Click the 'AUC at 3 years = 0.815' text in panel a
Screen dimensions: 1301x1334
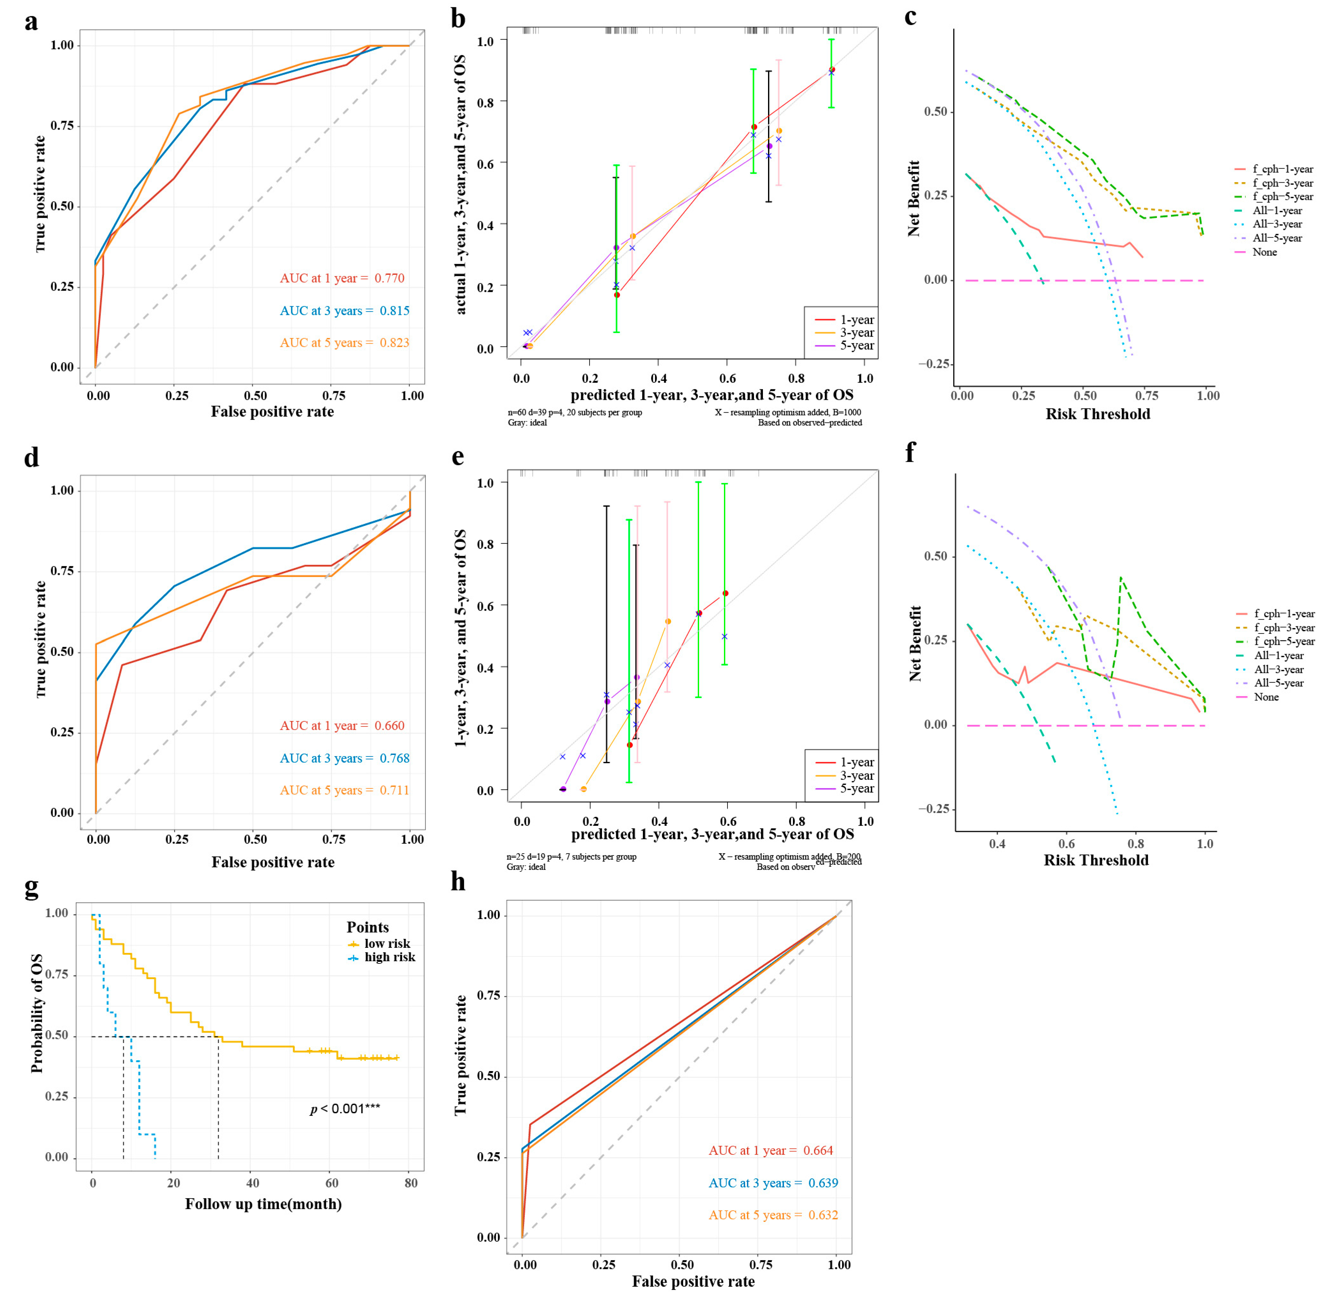pyautogui.click(x=344, y=311)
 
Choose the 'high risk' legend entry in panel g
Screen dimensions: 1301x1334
pyautogui.click(x=389, y=957)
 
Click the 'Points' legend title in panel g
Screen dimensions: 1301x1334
pyautogui.click(x=367, y=927)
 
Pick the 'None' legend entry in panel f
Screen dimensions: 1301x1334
pyautogui.click(x=1266, y=697)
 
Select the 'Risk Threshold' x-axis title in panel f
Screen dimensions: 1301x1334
pyautogui.click(x=1096, y=860)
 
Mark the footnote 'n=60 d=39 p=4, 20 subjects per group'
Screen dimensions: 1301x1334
pyautogui.click(x=575, y=413)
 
